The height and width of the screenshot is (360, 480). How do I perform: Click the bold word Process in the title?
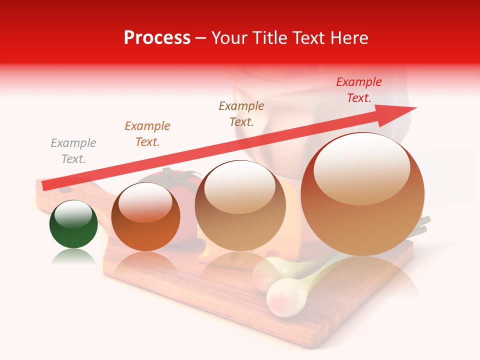[157, 38]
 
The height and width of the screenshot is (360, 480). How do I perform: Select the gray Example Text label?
[73, 151]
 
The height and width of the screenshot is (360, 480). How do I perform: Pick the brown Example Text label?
[241, 113]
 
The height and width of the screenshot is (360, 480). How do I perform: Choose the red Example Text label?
[359, 90]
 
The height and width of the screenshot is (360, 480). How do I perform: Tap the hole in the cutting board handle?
[65, 191]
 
